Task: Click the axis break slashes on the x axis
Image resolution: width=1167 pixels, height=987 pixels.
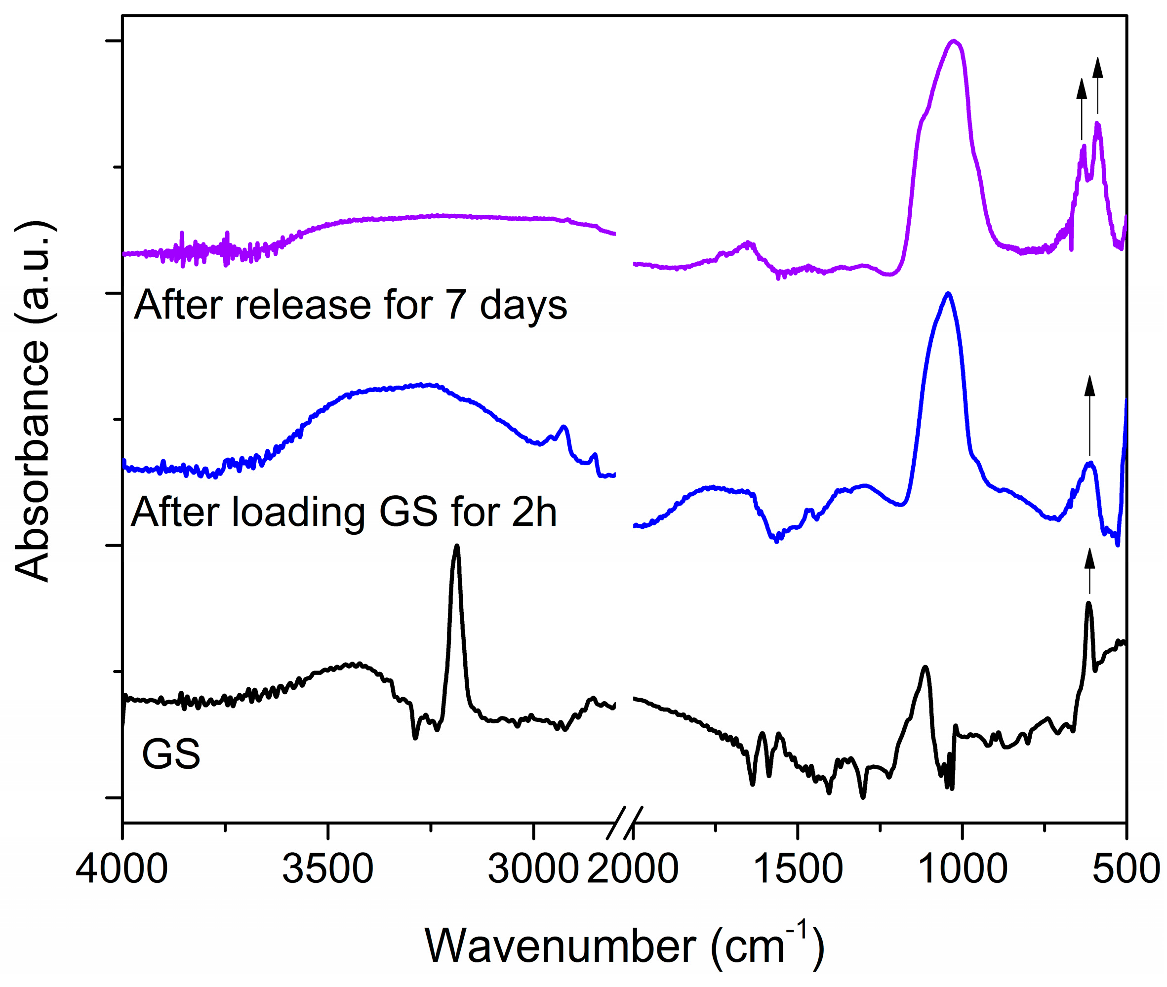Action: coord(625,823)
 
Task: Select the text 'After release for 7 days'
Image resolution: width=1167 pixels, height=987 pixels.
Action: coord(350,306)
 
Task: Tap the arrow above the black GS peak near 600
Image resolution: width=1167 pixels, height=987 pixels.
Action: coord(1089,571)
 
